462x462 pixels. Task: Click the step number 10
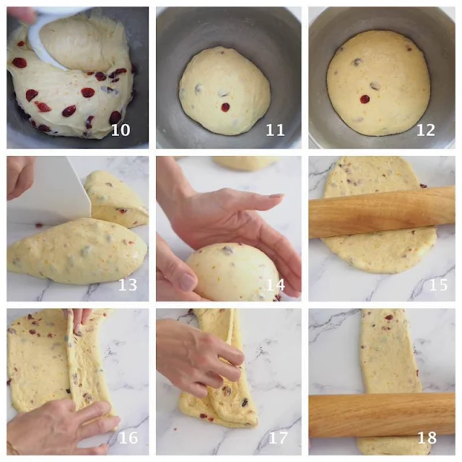[x=121, y=130]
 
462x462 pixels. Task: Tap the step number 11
[x=275, y=130]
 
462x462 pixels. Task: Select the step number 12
[x=425, y=130]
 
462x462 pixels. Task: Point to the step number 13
[x=128, y=284]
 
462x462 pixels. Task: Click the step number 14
[x=276, y=284]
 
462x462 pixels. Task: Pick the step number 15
[x=438, y=284]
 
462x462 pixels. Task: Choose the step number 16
[x=128, y=438]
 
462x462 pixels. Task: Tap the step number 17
[x=278, y=438]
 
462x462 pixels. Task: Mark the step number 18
[x=427, y=438]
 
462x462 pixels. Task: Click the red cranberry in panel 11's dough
[x=225, y=108]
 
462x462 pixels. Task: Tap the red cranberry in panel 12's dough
[x=365, y=99]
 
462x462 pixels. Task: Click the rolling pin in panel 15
[x=382, y=212]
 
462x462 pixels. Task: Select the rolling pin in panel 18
[x=382, y=415]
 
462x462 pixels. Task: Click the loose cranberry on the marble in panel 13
[x=38, y=225]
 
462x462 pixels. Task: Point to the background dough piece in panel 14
[x=245, y=163]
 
